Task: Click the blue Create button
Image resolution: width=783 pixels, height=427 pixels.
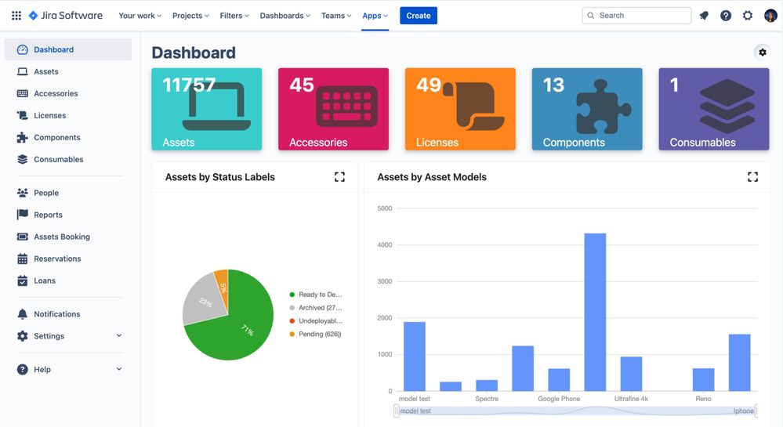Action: pos(418,16)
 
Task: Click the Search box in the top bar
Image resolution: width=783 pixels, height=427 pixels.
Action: pos(636,16)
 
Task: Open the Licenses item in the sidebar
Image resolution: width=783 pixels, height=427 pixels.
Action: pos(49,115)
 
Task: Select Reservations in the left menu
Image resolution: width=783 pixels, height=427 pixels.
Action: pos(57,259)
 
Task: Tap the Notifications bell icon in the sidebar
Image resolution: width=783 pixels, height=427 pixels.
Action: pos(22,314)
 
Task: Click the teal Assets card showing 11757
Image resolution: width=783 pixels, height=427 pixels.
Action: pos(206,109)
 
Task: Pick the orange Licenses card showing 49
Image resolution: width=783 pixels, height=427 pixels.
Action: pos(460,109)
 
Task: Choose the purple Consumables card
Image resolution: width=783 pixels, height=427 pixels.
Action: pos(713,109)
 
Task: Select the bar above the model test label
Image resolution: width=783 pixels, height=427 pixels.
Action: pos(415,356)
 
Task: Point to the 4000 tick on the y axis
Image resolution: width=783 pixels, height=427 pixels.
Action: pos(385,245)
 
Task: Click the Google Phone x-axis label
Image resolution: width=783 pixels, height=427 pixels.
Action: pos(559,399)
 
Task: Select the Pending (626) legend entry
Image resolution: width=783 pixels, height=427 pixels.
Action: pos(319,335)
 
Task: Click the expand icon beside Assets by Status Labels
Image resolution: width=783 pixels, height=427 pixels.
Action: pos(339,177)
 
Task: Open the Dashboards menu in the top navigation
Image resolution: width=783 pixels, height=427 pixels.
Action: pos(285,16)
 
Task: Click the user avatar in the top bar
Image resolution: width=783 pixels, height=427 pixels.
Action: pos(770,16)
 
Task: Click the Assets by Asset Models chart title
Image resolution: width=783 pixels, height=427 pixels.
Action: pos(432,177)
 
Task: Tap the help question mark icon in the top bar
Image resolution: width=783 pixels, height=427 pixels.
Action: pos(726,16)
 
